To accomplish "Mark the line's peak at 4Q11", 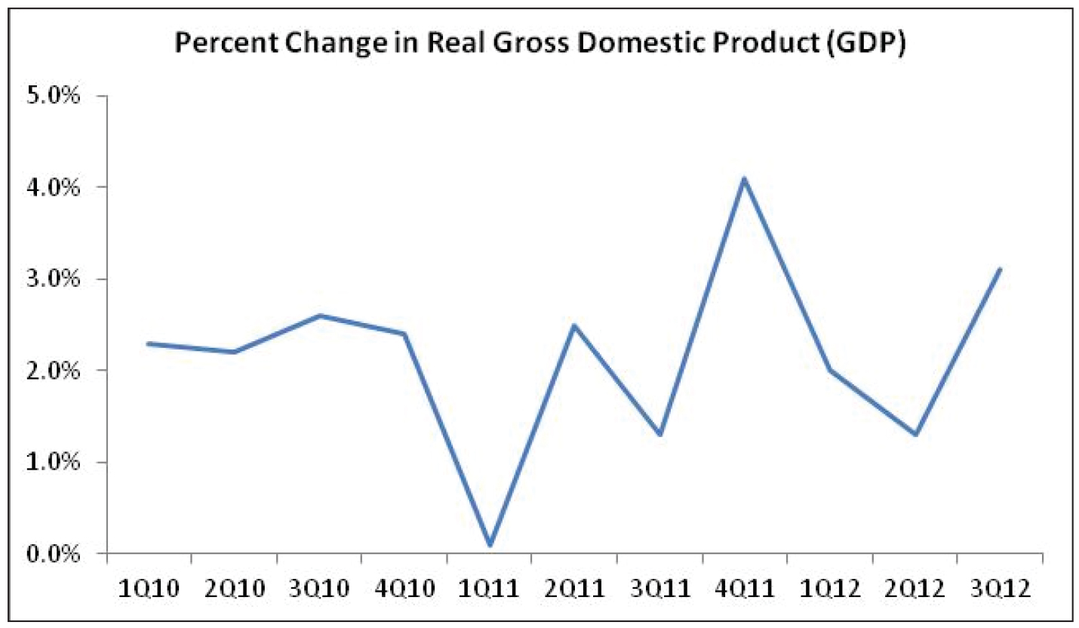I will [x=744, y=179].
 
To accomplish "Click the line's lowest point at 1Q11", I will [x=490, y=544].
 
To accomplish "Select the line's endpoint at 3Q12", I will [x=999, y=269].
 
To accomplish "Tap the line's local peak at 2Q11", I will [x=574, y=325].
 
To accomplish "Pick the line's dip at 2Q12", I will [x=915, y=435].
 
